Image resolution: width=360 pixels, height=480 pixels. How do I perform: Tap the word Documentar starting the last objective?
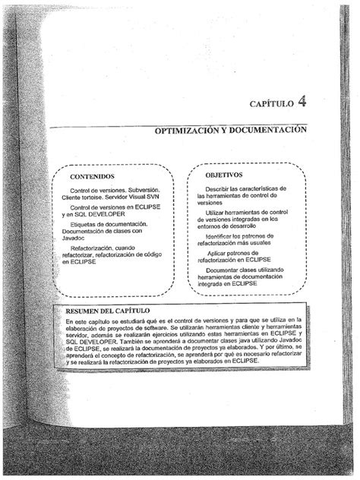[224, 271]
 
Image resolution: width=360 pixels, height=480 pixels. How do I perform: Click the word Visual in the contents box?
[141, 197]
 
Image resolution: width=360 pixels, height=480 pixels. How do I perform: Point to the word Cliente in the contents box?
[75, 197]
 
